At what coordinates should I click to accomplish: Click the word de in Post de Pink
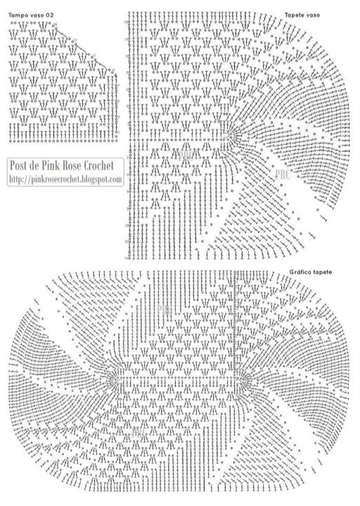point(39,166)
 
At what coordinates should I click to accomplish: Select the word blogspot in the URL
point(94,180)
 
